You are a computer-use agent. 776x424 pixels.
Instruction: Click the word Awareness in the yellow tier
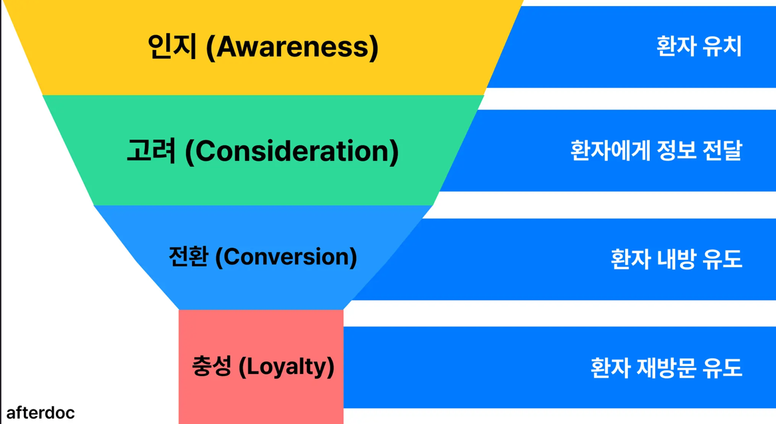pos(292,47)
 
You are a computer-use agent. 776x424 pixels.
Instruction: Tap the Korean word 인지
pos(173,47)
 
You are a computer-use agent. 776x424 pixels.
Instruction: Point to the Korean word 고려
pos(151,151)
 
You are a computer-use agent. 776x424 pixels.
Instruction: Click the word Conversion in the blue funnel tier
pos(286,257)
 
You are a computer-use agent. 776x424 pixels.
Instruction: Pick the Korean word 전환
pos(188,257)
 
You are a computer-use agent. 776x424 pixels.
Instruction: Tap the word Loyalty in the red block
pos(286,367)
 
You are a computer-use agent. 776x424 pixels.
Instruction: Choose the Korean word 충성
pos(212,367)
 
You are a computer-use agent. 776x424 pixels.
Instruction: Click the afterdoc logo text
pos(41,413)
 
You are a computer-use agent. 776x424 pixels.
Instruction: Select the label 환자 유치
pos(700,47)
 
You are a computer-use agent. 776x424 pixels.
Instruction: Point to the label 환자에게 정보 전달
pos(656,150)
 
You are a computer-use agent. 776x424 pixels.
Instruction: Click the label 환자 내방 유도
pos(676,259)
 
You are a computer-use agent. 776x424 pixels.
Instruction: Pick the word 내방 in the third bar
pos(676,259)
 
